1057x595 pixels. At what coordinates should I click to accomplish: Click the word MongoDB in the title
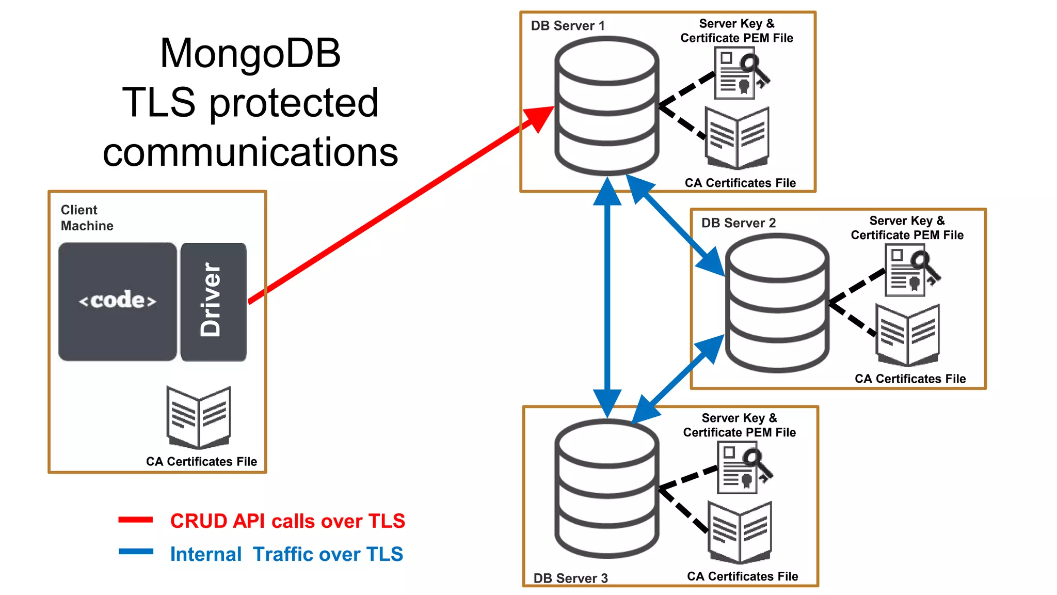tap(250, 53)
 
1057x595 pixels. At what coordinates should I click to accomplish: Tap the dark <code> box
tap(118, 301)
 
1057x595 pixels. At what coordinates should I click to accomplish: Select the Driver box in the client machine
tap(213, 301)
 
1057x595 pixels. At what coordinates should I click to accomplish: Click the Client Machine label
tap(87, 217)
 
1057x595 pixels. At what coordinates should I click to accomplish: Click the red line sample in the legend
tap(136, 520)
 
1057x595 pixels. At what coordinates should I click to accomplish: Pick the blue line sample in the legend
tap(136, 552)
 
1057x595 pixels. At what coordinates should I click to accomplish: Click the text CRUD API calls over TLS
tap(287, 521)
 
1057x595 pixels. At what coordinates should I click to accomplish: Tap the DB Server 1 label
tap(568, 26)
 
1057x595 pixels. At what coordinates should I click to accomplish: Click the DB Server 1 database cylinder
tap(606, 106)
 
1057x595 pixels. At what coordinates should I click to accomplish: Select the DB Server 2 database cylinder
tap(777, 303)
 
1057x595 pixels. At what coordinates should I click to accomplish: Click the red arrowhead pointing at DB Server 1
tap(539, 118)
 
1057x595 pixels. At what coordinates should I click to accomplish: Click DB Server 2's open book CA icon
tap(908, 335)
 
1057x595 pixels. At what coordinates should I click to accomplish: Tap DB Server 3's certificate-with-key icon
tap(742, 468)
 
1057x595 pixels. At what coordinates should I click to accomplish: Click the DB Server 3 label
tap(570, 578)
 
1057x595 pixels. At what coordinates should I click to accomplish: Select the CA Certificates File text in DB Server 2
tap(910, 379)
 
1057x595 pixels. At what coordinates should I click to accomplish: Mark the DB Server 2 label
tap(738, 223)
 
